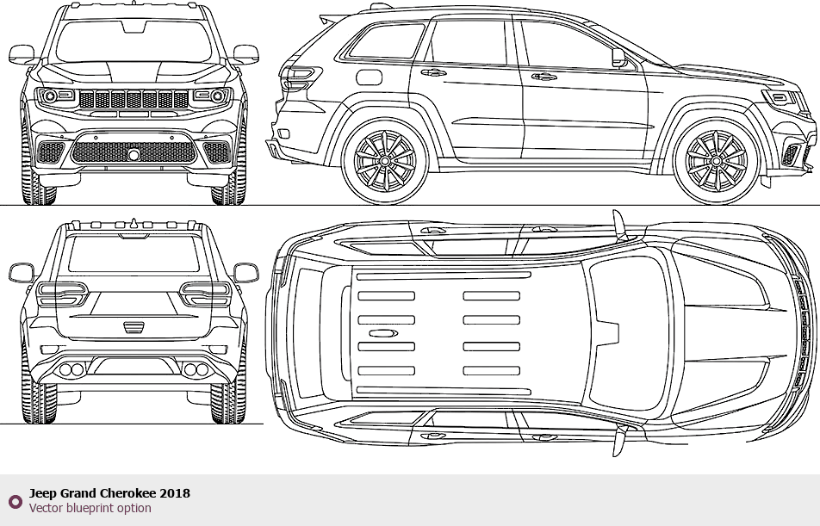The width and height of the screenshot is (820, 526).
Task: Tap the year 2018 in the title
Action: coord(175,493)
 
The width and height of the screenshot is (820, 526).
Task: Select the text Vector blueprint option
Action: coord(90,508)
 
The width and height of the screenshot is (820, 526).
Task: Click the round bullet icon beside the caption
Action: coord(16,502)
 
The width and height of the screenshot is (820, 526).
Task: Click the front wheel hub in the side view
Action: coord(716,162)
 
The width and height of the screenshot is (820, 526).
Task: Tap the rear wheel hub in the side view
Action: coord(384,162)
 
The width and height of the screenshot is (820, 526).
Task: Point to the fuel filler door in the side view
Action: coord(369,77)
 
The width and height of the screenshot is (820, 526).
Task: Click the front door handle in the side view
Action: coord(544,77)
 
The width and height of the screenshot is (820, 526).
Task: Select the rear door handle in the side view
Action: coord(433,72)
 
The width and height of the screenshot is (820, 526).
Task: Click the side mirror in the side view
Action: coord(618,58)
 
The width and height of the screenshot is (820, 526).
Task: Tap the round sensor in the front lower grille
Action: coord(134,154)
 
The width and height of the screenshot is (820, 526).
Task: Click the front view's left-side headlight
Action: coord(55,96)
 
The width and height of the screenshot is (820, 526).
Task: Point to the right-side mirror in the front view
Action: coord(245,54)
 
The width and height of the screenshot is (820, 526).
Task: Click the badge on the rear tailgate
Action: coord(134,328)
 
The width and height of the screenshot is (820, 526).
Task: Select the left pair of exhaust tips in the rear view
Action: coord(71,369)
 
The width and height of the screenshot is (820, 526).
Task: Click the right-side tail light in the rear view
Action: coord(206,294)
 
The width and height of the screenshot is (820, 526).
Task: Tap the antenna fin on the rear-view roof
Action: coord(134,223)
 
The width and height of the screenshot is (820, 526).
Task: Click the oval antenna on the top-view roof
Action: coord(383,333)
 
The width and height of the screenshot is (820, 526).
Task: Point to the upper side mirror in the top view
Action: coord(619,226)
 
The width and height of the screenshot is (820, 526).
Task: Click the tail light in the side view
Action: coord(300,79)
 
